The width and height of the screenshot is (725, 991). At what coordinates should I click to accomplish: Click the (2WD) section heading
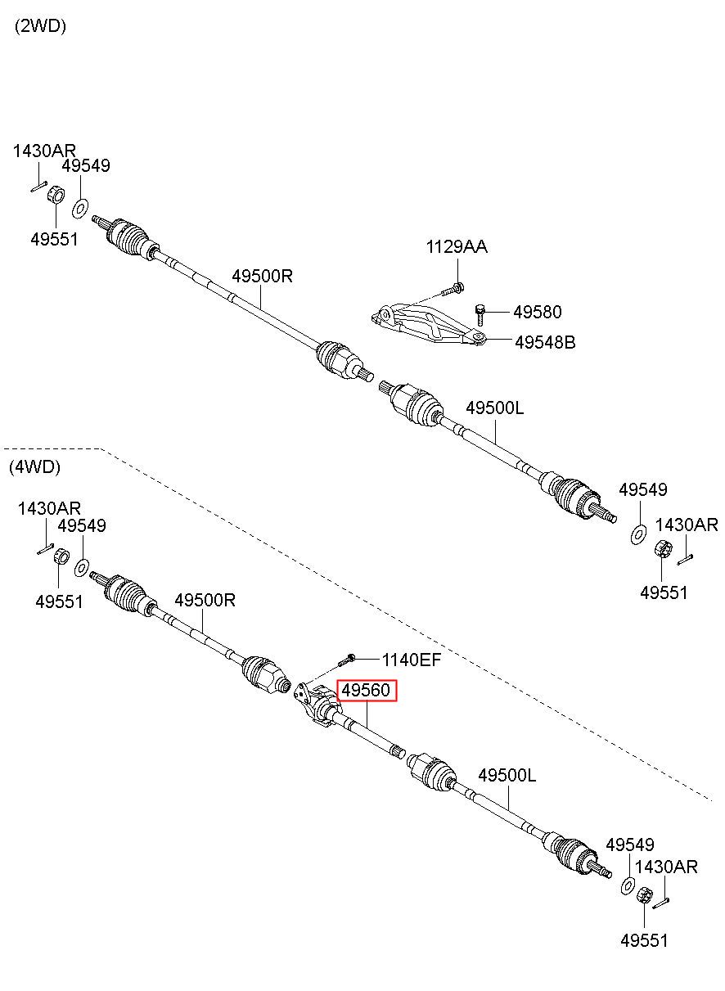pyautogui.click(x=40, y=26)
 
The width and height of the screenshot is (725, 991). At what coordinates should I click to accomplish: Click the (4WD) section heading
pyautogui.click(x=34, y=466)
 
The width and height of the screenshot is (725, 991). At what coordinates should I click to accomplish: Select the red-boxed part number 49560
pyautogui.click(x=366, y=690)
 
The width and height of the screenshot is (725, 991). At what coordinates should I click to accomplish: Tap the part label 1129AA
pyautogui.click(x=457, y=246)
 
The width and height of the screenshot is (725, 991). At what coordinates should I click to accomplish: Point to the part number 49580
pyautogui.click(x=538, y=312)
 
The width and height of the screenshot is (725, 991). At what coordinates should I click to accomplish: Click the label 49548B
pyautogui.click(x=545, y=342)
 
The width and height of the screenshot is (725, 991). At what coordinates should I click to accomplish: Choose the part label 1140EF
pyautogui.click(x=412, y=660)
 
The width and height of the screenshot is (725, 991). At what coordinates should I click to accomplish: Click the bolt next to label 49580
pyautogui.click(x=480, y=314)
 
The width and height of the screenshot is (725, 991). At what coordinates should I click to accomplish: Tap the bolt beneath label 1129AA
pyautogui.click(x=453, y=290)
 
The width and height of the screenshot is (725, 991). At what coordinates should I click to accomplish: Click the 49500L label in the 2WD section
pyautogui.click(x=494, y=408)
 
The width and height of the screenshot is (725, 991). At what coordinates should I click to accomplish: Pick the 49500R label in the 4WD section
pyautogui.click(x=205, y=601)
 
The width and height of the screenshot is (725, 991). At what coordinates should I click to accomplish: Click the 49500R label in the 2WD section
pyautogui.click(x=263, y=276)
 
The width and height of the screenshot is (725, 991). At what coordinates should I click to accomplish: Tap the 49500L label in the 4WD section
pyautogui.click(x=507, y=775)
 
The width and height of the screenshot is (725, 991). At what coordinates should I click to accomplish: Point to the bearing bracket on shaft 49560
pyautogui.click(x=317, y=705)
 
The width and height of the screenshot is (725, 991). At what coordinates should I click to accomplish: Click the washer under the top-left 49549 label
pyautogui.click(x=80, y=209)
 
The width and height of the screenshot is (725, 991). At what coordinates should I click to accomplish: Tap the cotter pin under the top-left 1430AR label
pyautogui.click(x=39, y=187)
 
